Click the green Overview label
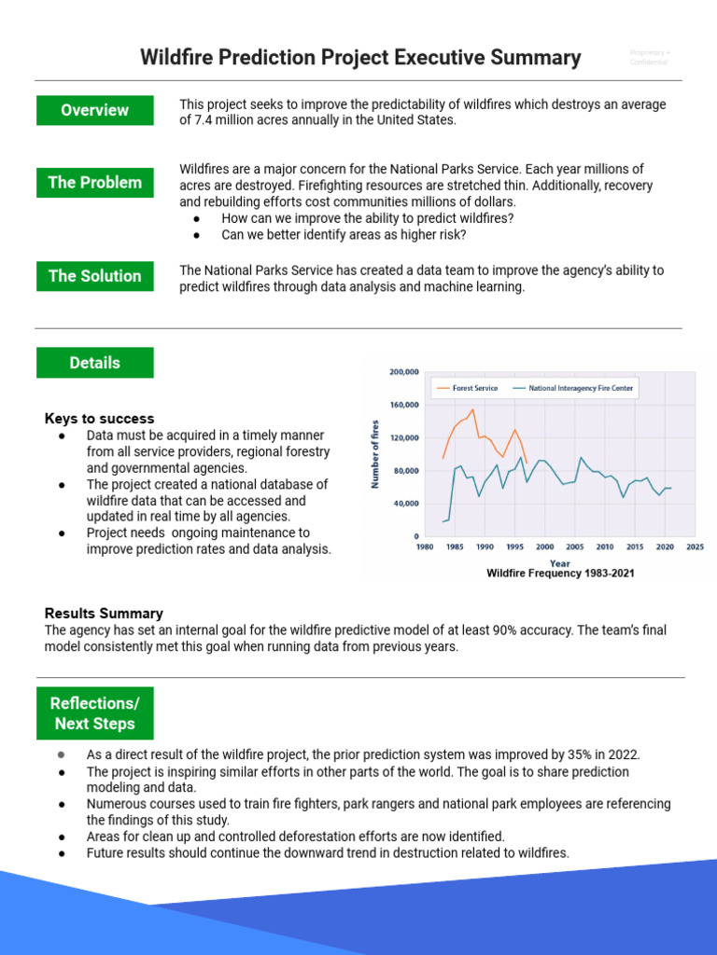pyautogui.click(x=94, y=110)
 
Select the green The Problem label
pyautogui.click(x=94, y=183)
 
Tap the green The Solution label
pyautogui.click(x=94, y=276)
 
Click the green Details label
pyautogui.click(x=94, y=363)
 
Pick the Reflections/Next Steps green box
pyautogui.click(x=94, y=713)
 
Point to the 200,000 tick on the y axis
pyautogui.click(x=403, y=372)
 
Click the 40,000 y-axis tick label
pyautogui.click(x=405, y=504)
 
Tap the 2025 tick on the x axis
pyautogui.click(x=695, y=547)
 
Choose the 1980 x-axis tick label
pyautogui.click(x=423, y=547)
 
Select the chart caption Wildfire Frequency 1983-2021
pyautogui.click(x=560, y=574)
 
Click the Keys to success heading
pyautogui.click(x=100, y=419)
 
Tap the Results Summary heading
pyautogui.click(x=104, y=614)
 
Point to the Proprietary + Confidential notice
pyautogui.click(x=650, y=58)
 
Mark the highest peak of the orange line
pyautogui.click(x=473, y=408)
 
